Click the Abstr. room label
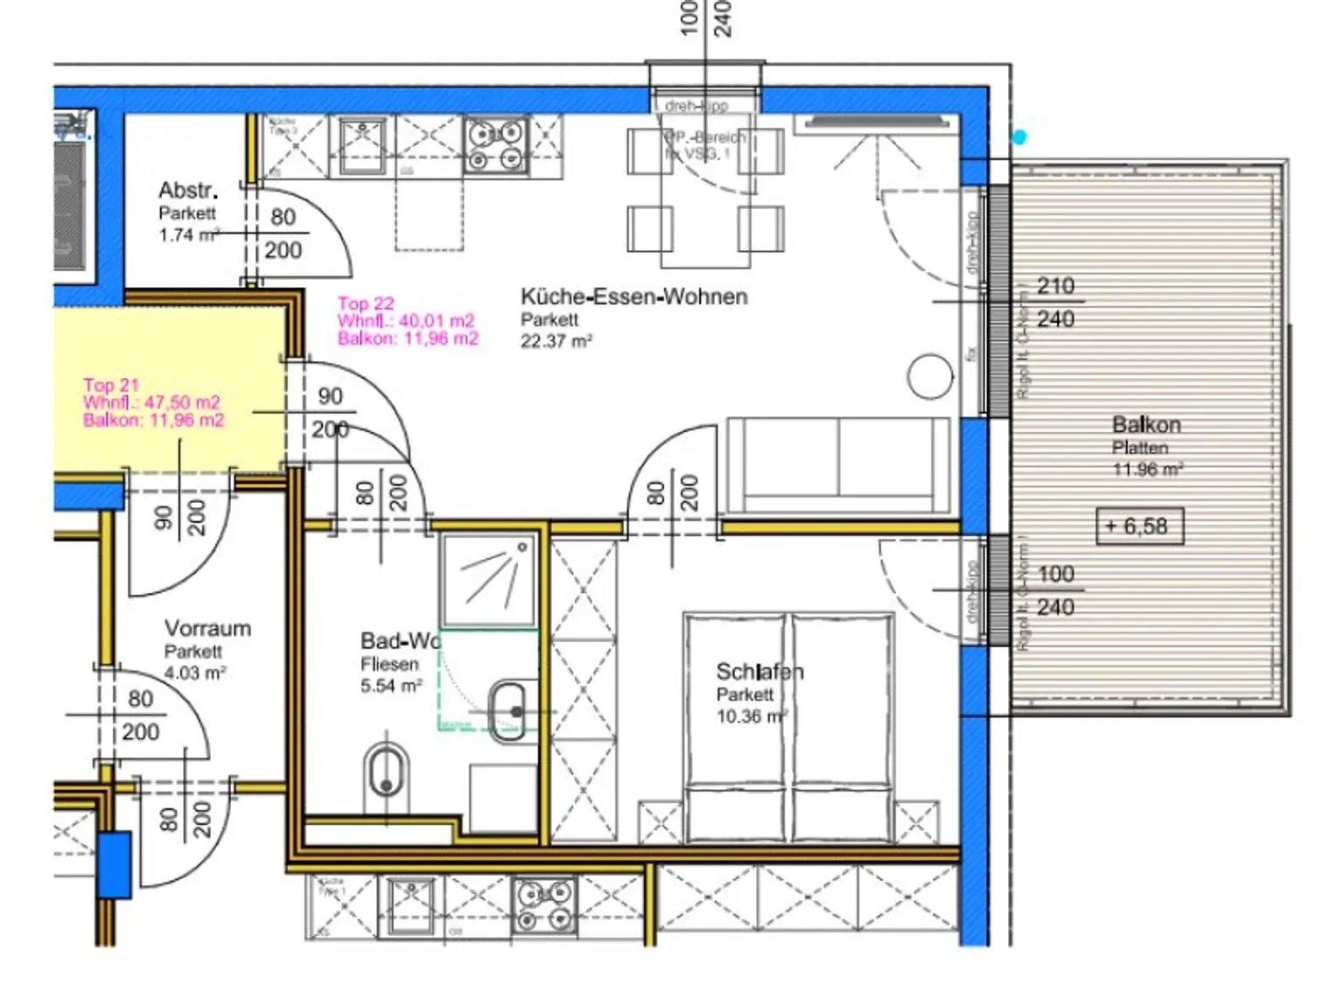tap(187, 190)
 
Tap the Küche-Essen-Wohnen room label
tap(633, 297)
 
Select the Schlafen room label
tap(759, 672)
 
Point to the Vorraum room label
tap(207, 628)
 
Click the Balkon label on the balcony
tap(1145, 425)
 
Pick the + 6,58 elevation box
tap(1139, 527)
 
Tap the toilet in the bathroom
tap(386, 772)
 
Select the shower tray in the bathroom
tap(488, 579)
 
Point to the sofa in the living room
tap(838, 465)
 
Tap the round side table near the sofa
tap(929, 377)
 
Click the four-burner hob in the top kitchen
tap(496, 145)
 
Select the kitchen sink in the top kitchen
tap(361, 144)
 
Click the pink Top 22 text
tap(366, 304)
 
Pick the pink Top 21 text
tap(111, 385)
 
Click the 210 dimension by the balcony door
tap(1055, 286)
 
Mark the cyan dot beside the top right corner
tap(1018, 137)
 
